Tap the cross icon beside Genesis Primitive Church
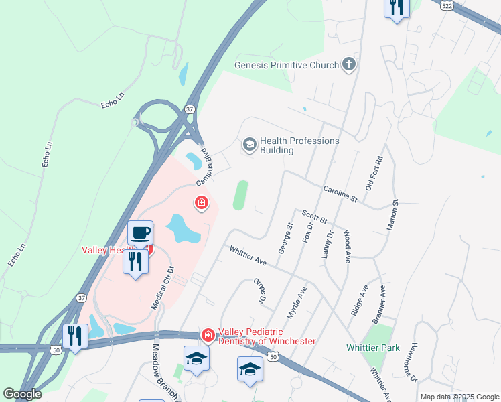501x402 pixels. [x=348, y=65]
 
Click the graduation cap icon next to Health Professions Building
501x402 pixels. [x=249, y=145]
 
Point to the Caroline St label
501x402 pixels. [x=340, y=195]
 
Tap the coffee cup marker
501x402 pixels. [x=140, y=232]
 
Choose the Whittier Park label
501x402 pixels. [x=373, y=348]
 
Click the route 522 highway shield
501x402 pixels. [x=446, y=5]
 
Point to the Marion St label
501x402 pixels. [x=392, y=215]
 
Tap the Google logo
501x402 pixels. [x=21, y=394]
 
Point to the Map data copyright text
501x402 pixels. [x=459, y=397]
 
